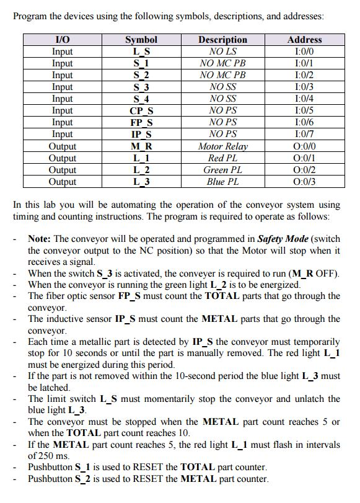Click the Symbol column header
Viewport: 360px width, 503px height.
(141, 40)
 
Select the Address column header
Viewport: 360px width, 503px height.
(304, 40)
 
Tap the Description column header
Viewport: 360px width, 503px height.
(222, 40)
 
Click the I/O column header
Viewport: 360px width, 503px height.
(63, 40)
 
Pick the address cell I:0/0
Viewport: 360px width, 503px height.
(304, 51)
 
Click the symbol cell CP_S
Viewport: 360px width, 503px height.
(141, 111)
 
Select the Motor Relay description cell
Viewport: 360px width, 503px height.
(222, 146)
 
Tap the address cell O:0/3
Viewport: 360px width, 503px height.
(304, 182)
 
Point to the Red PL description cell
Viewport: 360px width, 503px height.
(222, 158)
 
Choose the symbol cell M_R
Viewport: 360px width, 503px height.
(141, 146)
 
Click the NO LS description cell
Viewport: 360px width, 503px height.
(222, 51)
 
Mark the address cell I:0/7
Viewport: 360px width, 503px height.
(304, 135)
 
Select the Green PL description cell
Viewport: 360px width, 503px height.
(222, 170)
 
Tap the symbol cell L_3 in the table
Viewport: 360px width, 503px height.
(141, 182)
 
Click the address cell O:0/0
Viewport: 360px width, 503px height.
(304, 146)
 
